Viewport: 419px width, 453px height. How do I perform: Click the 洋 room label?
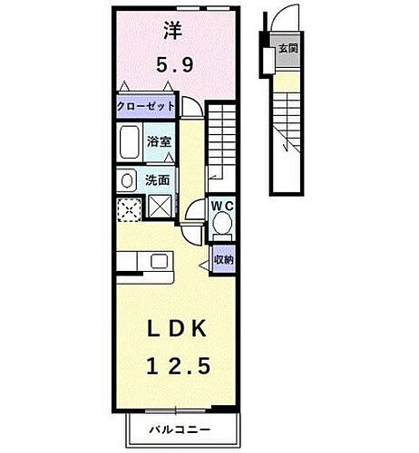click(x=171, y=30)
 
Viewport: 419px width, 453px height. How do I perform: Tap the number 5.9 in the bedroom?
click(x=172, y=65)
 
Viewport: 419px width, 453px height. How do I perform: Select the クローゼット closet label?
click(x=145, y=107)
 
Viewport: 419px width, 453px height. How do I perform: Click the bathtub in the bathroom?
click(x=129, y=143)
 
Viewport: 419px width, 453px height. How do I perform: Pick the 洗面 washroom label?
click(x=158, y=179)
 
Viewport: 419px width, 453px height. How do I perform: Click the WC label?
click(x=222, y=206)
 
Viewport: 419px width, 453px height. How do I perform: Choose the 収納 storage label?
click(x=224, y=260)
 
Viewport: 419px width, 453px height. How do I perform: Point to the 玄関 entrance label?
click(x=288, y=48)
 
